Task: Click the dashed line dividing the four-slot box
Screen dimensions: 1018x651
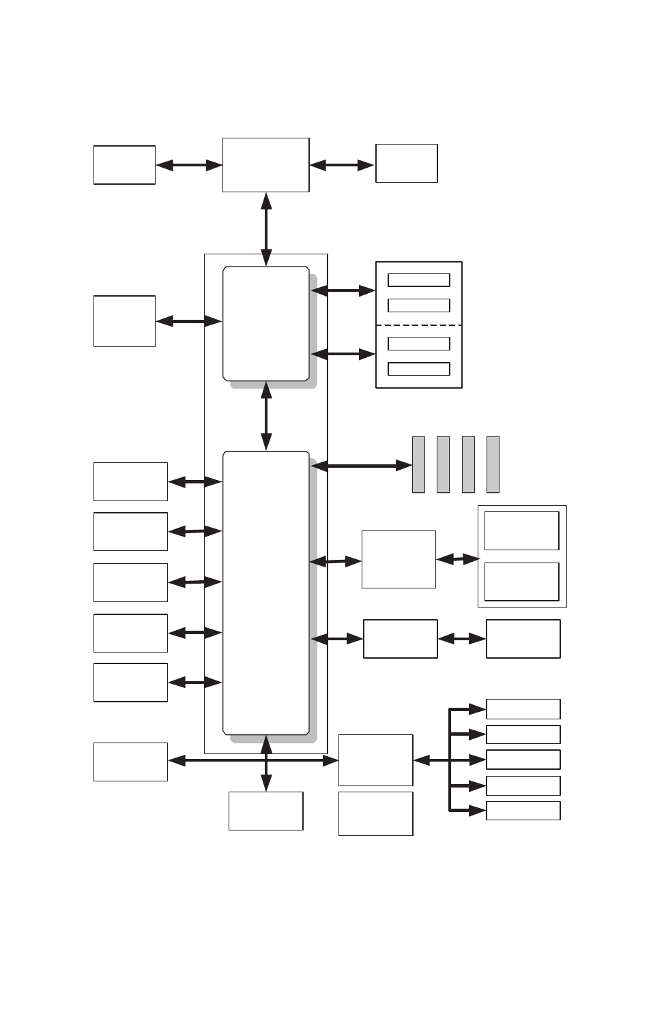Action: tap(419, 325)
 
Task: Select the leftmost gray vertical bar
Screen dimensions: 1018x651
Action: tap(418, 464)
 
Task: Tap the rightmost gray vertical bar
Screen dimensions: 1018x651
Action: tap(493, 464)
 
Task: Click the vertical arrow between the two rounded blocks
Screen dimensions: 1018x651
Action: tap(266, 416)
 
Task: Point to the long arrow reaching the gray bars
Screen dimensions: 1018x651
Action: tap(362, 466)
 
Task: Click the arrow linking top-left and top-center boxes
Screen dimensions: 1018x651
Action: tap(189, 165)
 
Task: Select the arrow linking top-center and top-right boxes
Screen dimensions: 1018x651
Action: tap(342, 165)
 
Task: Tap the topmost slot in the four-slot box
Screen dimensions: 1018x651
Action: tap(418, 280)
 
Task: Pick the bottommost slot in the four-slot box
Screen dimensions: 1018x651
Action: tap(418, 369)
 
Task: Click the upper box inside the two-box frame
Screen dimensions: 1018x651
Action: tap(521, 530)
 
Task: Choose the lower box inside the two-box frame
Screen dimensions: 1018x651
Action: tap(521, 581)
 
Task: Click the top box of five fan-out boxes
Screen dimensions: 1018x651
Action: tap(523, 709)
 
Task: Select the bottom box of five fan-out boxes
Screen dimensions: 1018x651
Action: tap(523, 811)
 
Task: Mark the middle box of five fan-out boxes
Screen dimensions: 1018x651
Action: tap(523, 760)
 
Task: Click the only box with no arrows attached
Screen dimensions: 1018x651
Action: tap(375, 813)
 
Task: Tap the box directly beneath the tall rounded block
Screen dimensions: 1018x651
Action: tap(265, 811)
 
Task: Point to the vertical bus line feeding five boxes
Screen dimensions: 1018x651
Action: tap(450, 760)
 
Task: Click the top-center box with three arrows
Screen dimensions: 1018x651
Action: tap(265, 165)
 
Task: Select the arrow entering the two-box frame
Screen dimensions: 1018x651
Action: tap(458, 559)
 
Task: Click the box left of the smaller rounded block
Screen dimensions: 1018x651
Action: tap(124, 321)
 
